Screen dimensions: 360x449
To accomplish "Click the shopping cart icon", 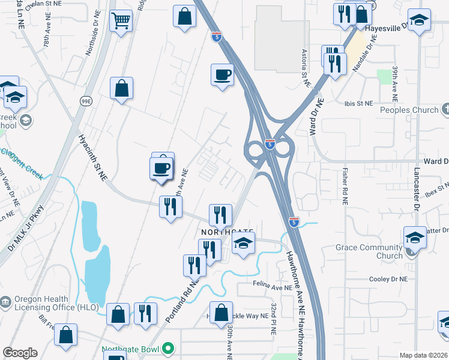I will coord(121,22).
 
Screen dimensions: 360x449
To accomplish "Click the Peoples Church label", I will coord(409,110).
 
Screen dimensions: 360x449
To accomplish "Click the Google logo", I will coord(20,353).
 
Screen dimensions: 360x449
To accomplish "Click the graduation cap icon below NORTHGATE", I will coord(243,244).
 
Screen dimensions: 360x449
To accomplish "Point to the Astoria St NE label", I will coord(306,67).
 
